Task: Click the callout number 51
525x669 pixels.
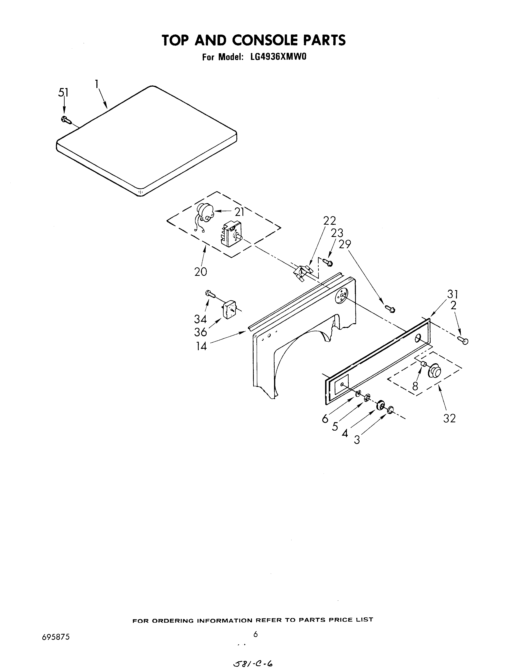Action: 64,92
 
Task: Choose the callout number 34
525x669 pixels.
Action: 200,319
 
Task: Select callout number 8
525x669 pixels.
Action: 415,386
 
